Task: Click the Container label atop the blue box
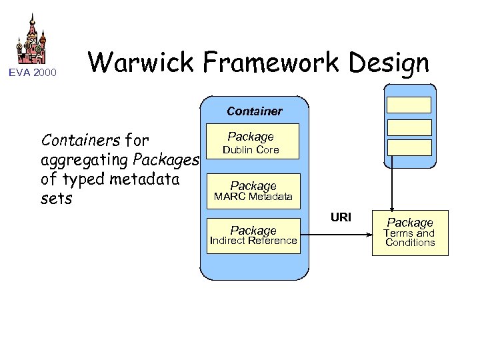(254, 111)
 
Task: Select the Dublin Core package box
(251, 143)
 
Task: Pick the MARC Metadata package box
(253, 191)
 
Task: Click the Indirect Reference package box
(253, 235)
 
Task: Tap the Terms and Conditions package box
(410, 233)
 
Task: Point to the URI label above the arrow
(341, 217)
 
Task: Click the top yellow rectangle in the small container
(409, 105)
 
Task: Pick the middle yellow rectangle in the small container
(409, 126)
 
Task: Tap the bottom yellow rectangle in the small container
(409, 147)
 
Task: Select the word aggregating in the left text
(85, 161)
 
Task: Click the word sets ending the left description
(56, 199)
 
